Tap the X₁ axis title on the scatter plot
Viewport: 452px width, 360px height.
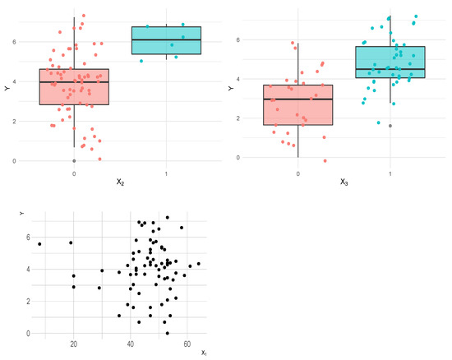[204, 353]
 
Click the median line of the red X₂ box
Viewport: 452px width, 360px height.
[74, 82]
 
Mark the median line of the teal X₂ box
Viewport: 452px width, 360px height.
[166, 39]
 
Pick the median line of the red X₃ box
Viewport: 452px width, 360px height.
[297, 99]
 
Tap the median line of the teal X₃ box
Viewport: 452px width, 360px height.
[390, 69]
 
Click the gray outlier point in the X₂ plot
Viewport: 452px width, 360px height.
[74, 160]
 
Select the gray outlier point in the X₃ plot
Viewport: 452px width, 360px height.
[390, 126]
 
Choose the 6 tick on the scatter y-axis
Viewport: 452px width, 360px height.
[27, 237]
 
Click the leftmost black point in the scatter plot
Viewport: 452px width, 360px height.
[39, 244]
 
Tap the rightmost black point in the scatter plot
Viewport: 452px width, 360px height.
[199, 264]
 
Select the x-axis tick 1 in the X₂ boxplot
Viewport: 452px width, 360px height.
[166, 173]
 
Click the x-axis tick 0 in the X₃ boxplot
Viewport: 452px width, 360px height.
[297, 173]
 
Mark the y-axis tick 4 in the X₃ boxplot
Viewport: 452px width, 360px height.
[238, 79]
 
